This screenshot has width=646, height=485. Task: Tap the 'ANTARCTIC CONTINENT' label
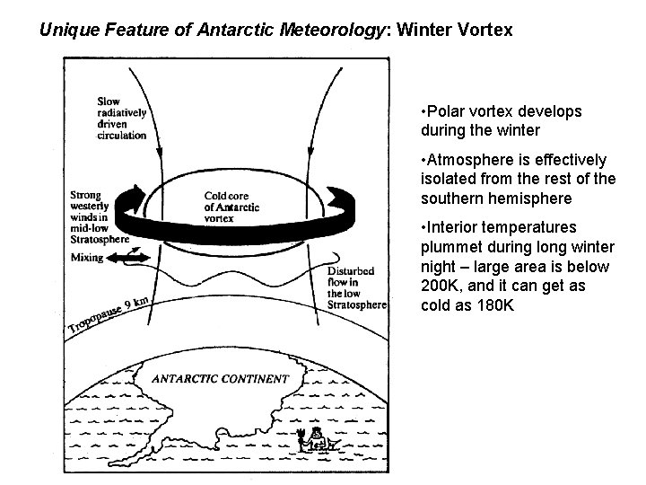coord(220,378)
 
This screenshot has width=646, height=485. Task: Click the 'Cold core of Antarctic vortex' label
coord(231,207)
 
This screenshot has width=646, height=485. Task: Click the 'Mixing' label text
coord(88,257)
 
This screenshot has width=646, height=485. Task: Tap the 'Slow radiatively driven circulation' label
coord(121,119)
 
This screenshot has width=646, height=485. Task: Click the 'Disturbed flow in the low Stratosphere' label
coord(356,287)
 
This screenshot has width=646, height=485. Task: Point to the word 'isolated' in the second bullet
coord(448,179)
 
